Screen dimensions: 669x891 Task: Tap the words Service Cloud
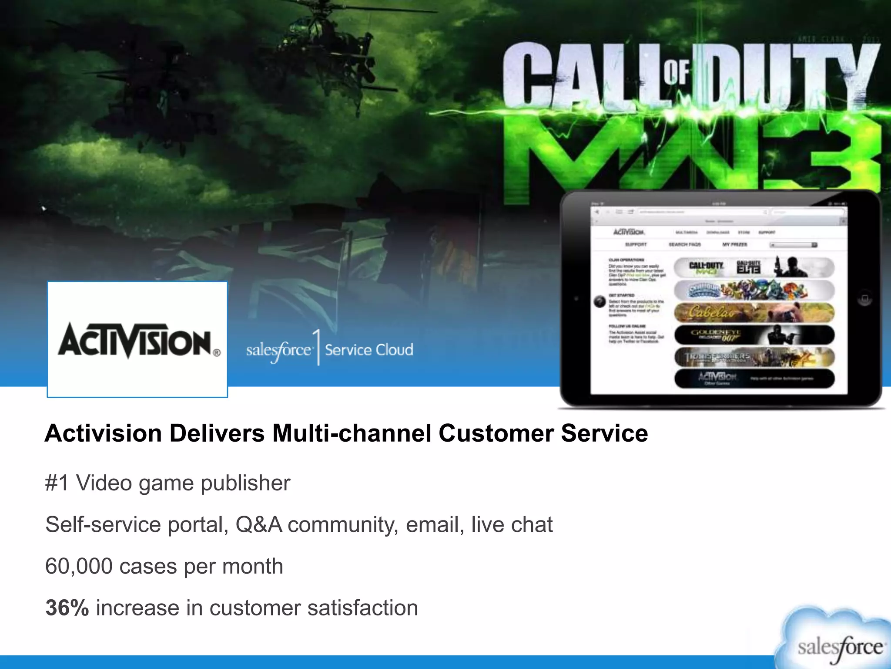pyautogui.click(x=369, y=350)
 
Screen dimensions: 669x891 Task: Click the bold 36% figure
pyautogui.click(x=67, y=608)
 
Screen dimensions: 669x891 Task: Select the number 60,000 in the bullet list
pyautogui.click(x=78, y=566)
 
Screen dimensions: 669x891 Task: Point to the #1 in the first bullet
pyautogui.click(x=57, y=483)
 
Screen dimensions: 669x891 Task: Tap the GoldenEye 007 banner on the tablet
pyautogui.click(x=754, y=335)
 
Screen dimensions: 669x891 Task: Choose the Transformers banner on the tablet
pyautogui.click(x=754, y=357)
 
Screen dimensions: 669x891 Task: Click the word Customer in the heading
pyautogui.click(x=496, y=433)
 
